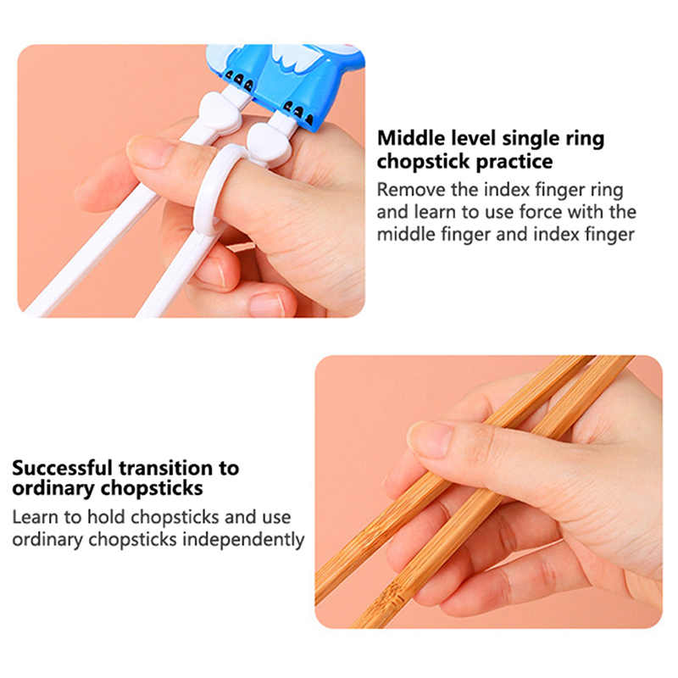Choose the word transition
[165, 468]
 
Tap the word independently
[243, 540]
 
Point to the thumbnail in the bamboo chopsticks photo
[428, 438]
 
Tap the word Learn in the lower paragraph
[36, 517]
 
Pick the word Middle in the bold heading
[411, 138]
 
